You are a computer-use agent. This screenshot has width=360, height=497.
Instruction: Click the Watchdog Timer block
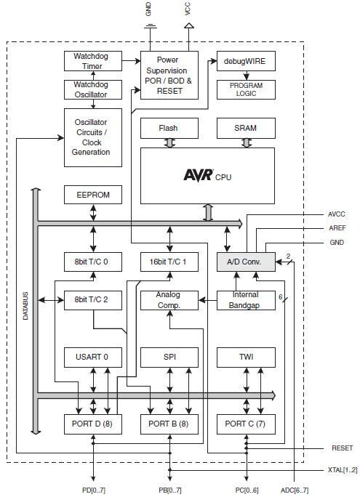pyautogui.click(x=92, y=62)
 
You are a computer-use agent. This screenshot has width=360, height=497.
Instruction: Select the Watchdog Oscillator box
pyautogui.click(x=92, y=90)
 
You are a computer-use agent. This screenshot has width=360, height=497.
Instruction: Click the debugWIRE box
pyautogui.click(x=246, y=62)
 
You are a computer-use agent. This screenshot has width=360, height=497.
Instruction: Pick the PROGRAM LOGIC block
pyautogui.click(x=246, y=90)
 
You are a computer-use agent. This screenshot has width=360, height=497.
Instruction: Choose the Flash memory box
pyautogui.click(x=169, y=128)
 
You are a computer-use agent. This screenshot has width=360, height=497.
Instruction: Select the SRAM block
pyautogui.click(x=246, y=128)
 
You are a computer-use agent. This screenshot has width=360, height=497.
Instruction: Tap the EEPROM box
pyautogui.click(x=92, y=195)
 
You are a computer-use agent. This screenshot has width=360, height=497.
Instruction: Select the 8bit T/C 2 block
pyautogui.click(x=92, y=299)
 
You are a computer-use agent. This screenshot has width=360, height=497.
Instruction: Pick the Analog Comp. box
pyautogui.click(x=169, y=299)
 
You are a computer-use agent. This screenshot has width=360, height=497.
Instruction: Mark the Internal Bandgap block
pyautogui.click(x=246, y=299)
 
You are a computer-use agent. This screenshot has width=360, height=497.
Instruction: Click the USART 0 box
pyautogui.click(x=92, y=356)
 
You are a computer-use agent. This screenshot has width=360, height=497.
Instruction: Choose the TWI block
pyautogui.click(x=246, y=356)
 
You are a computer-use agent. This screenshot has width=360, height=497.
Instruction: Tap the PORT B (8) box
pyautogui.click(x=169, y=423)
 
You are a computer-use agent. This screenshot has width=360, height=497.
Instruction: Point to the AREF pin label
pyautogui.click(x=336, y=228)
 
